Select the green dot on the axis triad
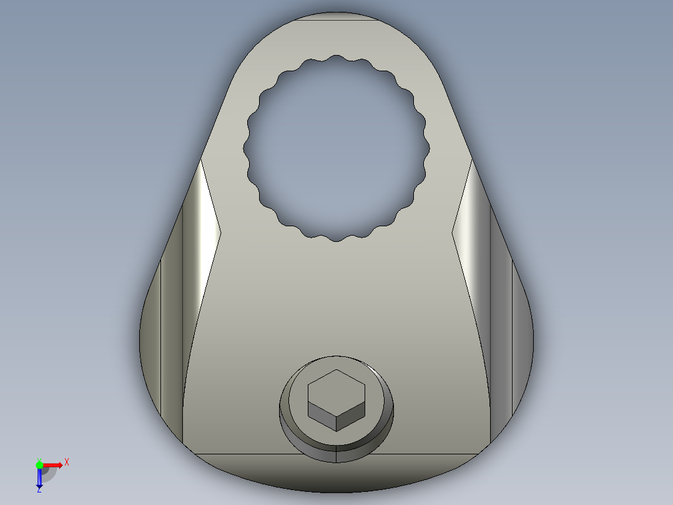[39, 464]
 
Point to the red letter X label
[66, 462]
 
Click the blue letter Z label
[39, 491]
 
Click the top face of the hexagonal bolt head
[336, 388]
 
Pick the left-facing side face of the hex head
[322, 417]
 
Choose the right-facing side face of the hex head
[350, 417]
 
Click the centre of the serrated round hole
[336, 147]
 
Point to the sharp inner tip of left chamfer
[221, 233]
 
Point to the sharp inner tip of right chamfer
[451, 233]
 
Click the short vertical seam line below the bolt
[336, 457]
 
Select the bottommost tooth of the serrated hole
[336, 238]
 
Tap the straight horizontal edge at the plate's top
[336, 20]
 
